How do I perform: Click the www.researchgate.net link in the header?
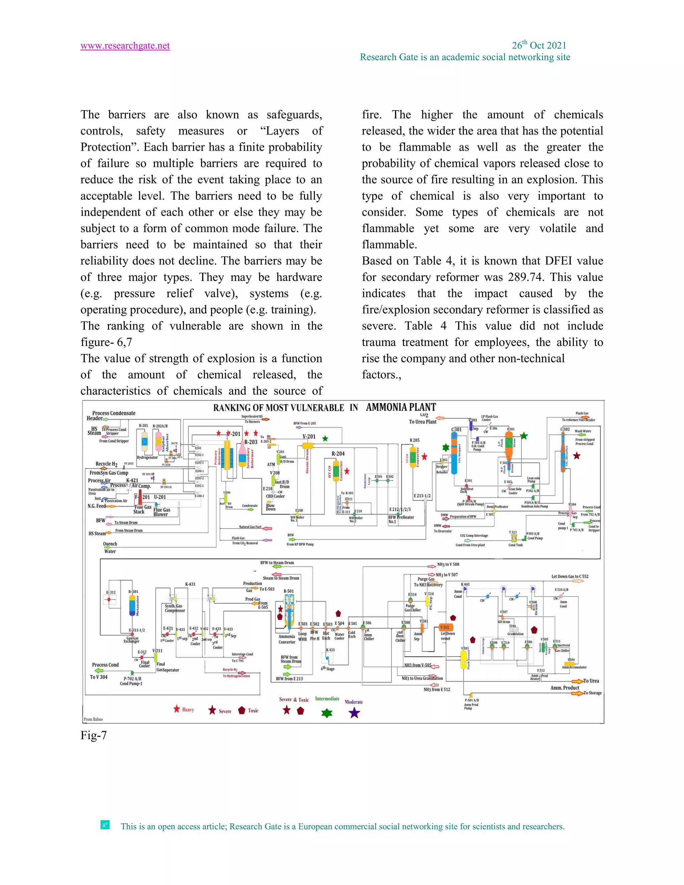pyautogui.click(x=125, y=46)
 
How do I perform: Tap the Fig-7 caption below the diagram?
pyautogui.click(x=94, y=735)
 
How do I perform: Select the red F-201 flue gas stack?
pyautogui.click(x=140, y=497)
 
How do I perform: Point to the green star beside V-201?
pyautogui.click(x=325, y=438)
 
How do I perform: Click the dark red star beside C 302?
pyautogui.click(x=576, y=456)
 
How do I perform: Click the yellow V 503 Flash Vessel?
pyautogui.click(x=464, y=661)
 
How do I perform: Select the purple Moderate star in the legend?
pyautogui.click(x=354, y=713)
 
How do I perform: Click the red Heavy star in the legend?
pyautogui.click(x=176, y=709)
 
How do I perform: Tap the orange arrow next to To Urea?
pyautogui.click(x=577, y=681)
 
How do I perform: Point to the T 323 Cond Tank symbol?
pyautogui.click(x=513, y=538)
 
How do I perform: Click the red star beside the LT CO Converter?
pyautogui.click(x=424, y=457)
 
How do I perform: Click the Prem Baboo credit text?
pyautogui.click(x=93, y=719)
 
